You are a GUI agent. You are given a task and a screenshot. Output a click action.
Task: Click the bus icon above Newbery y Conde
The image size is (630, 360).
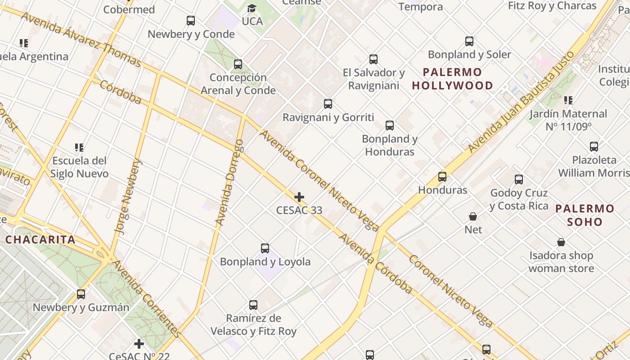pos(191,21)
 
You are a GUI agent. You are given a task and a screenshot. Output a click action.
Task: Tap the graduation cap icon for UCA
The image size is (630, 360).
pos(252,9)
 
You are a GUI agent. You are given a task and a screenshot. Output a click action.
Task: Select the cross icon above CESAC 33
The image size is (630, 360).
pos(299,197)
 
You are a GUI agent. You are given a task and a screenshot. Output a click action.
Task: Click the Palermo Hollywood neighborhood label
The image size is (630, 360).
pos(452,79)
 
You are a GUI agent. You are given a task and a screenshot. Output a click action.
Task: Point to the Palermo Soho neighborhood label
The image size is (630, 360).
pos(585,215)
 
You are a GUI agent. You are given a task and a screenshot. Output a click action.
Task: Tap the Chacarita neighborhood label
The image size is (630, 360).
pos(40,239)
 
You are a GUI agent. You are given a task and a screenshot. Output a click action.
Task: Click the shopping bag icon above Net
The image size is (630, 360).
pos(473,216)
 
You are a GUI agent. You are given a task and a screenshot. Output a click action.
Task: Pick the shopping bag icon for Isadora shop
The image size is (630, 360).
pos(561,243)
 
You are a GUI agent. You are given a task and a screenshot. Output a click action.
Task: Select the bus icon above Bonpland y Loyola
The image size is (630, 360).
pos(265,248)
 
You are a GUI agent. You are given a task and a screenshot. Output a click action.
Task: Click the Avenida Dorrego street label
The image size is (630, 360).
pos(229,182)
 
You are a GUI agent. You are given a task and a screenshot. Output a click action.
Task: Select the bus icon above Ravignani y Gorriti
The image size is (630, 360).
pos(328,104)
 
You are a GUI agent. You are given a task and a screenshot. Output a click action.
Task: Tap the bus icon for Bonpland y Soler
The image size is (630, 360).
pos(469,41)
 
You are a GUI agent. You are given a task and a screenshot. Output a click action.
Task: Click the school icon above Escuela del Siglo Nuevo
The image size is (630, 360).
pos(79,147)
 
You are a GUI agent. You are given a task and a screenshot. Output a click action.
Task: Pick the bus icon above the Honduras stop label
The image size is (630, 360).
pos(442,177)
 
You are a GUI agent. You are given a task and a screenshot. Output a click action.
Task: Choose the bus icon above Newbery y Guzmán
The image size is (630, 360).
pos(81,294)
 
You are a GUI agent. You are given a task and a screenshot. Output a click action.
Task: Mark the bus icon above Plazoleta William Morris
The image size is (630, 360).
pos(594,147)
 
